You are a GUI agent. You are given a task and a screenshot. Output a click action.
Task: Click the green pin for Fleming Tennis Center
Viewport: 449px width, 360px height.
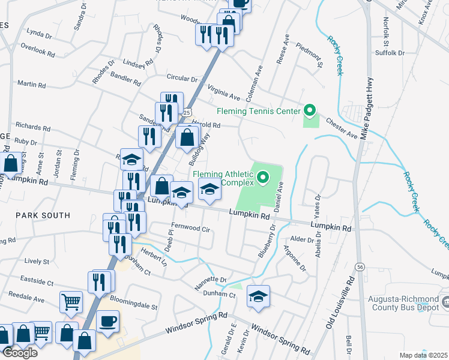tap(310, 110)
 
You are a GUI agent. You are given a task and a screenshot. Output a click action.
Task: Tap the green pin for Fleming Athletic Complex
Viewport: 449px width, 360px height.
tap(263, 177)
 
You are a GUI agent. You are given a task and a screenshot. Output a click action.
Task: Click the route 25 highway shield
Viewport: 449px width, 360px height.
tap(187, 113)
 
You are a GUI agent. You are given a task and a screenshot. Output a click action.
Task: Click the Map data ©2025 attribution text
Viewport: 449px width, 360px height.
tap(423, 355)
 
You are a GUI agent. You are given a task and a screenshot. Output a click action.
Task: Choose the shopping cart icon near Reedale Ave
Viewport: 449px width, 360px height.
tap(71, 302)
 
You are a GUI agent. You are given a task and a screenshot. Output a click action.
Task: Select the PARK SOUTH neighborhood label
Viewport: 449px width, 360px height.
tap(43, 215)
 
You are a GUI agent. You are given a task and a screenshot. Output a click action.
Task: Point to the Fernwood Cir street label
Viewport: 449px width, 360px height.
tap(190, 228)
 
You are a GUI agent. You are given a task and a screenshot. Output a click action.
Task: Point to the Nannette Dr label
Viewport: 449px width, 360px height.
tap(209, 280)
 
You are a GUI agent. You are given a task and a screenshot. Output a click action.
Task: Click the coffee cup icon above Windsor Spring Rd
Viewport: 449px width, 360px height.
tap(107, 320)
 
